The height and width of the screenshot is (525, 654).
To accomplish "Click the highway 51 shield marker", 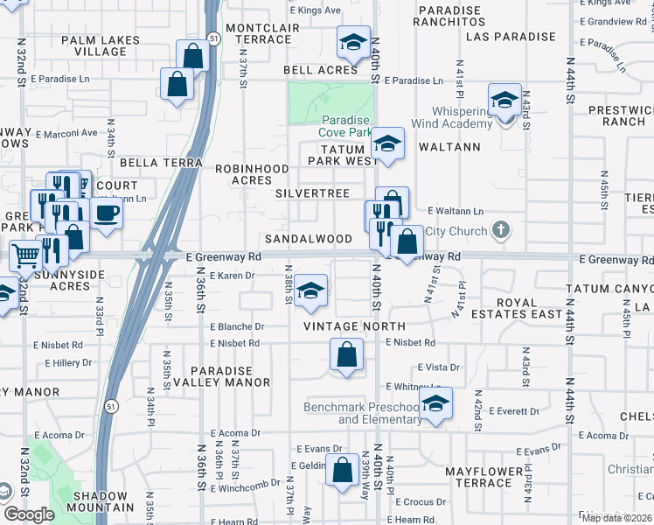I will click(x=214, y=38).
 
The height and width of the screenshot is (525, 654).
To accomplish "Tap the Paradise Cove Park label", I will click(x=346, y=126).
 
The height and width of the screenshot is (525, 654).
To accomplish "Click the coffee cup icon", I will click(x=107, y=213).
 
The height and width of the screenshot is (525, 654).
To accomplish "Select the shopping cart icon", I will click(x=25, y=256).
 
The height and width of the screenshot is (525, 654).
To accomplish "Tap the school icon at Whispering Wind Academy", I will click(x=505, y=100).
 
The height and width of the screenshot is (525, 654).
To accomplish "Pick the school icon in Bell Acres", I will click(x=353, y=42).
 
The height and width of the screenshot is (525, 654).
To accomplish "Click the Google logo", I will click(x=29, y=514).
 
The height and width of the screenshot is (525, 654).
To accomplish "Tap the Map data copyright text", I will click(x=616, y=518).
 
